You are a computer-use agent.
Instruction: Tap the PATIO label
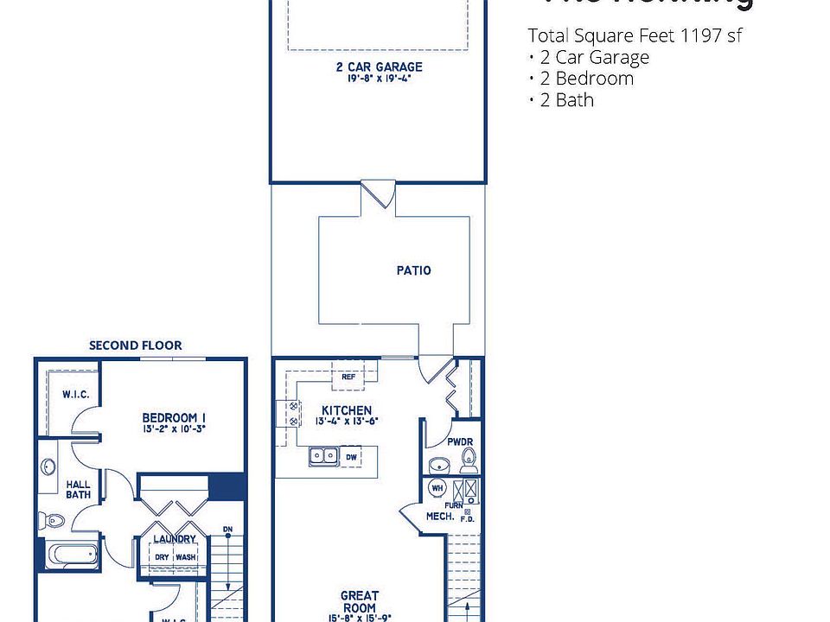pyautogui.click(x=413, y=270)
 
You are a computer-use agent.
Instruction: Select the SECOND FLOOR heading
pyautogui.click(x=136, y=346)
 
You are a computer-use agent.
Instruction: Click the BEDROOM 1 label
pyautogui.click(x=174, y=419)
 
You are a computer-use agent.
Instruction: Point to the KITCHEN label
pyautogui.click(x=347, y=410)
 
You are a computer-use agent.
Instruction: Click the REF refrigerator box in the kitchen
pyautogui.click(x=348, y=377)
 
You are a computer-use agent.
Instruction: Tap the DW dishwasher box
pyautogui.click(x=350, y=456)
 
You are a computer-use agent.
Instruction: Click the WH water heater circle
pyautogui.click(x=437, y=488)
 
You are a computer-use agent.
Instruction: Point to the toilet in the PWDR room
pyautogui.click(x=468, y=458)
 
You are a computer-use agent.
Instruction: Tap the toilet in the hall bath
pyautogui.click(x=53, y=520)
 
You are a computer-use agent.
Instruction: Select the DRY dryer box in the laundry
pyautogui.click(x=162, y=557)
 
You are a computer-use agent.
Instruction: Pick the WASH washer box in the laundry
pyautogui.click(x=185, y=557)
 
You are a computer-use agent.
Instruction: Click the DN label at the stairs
pyautogui.click(x=227, y=530)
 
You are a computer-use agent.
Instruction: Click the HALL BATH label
pyautogui.click(x=78, y=490)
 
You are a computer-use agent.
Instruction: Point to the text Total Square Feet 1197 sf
pyautogui.click(x=635, y=36)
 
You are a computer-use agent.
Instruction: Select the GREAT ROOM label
pyautogui.click(x=359, y=601)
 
